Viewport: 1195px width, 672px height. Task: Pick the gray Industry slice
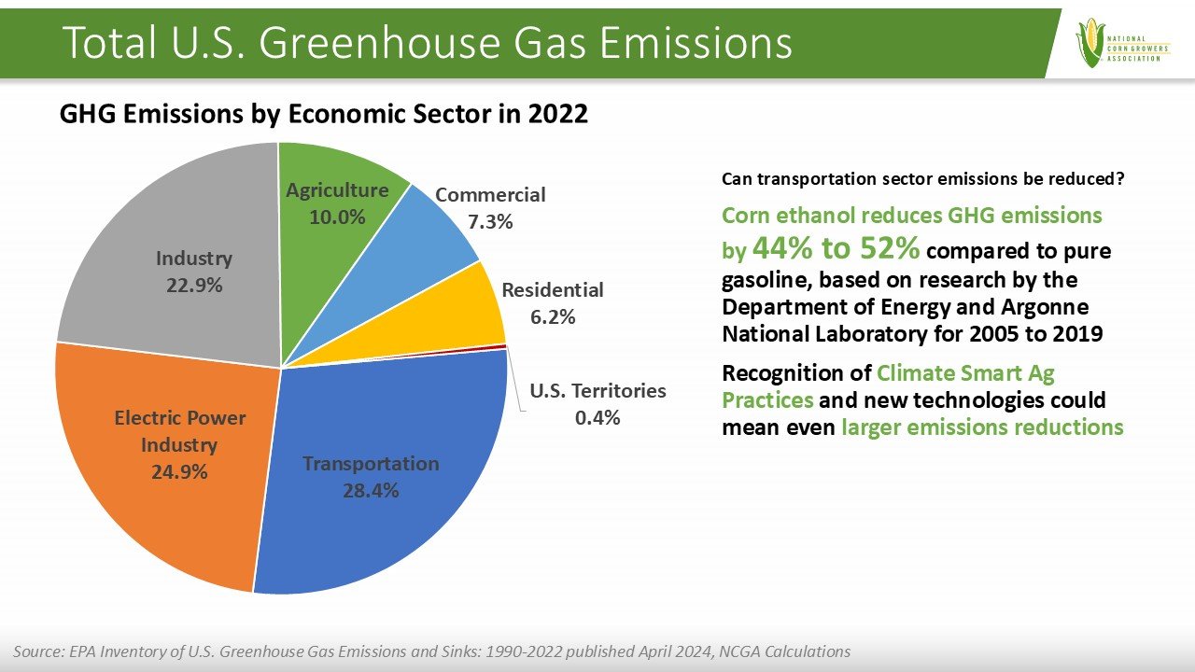click(x=168, y=215)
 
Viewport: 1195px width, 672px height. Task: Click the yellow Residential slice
click(x=467, y=317)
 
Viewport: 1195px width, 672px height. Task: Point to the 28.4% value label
click(x=370, y=490)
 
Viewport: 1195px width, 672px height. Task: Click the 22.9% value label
click(x=194, y=286)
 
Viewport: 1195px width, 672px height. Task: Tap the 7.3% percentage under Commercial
click(x=489, y=222)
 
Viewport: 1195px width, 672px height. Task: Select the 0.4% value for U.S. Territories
click(x=597, y=417)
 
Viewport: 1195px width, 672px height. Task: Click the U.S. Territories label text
click(x=597, y=391)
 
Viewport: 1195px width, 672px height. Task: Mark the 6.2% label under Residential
click(x=553, y=316)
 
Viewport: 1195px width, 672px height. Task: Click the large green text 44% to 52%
click(x=836, y=248)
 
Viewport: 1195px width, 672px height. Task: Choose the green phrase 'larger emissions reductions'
click(x=982, y=427)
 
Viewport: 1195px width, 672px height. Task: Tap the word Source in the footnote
click(x=36, y=651)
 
